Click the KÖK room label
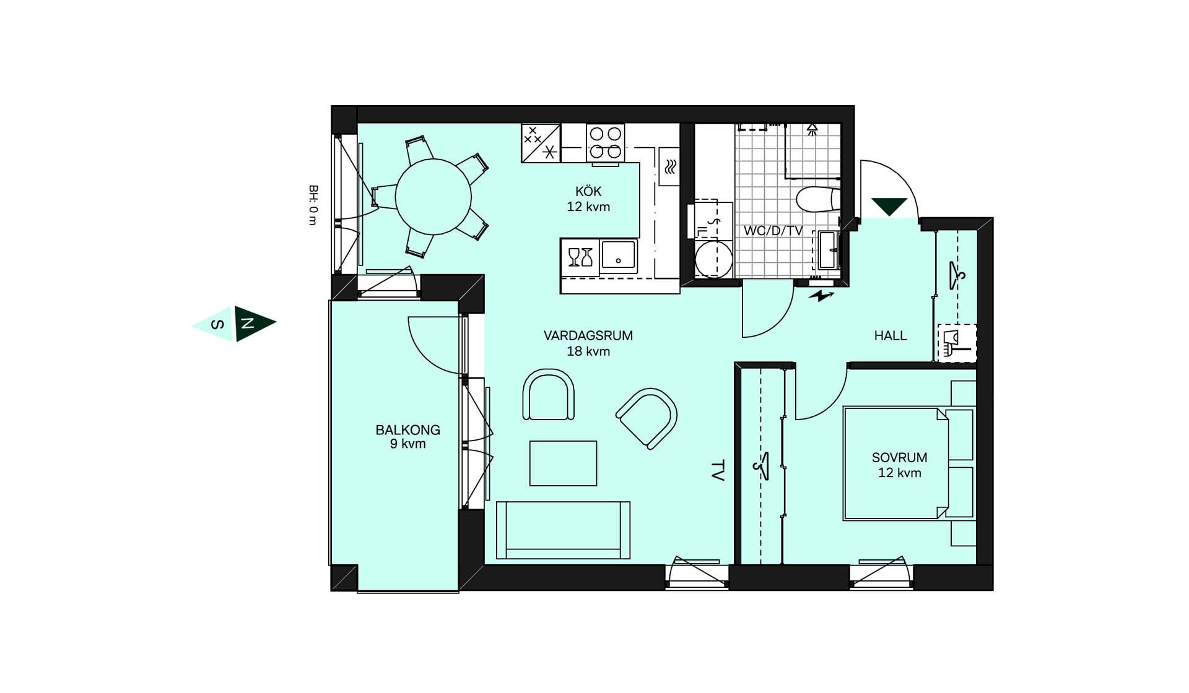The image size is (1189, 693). pos(588,192)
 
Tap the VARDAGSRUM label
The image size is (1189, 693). pos(588,335)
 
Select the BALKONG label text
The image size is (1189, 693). pos(408,429)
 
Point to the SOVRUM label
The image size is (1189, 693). pos(900,457)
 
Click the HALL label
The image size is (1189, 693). pos(891,335)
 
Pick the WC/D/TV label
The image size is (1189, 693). pos(773,231)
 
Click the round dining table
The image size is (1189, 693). pos(433,197)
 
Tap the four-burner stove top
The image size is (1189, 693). pos(606,143)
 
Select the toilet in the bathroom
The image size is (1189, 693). pos(818,200)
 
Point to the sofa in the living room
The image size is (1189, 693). pos(563,530)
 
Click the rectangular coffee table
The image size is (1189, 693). pos(563,463)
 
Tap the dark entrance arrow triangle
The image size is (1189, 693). pos(889,206)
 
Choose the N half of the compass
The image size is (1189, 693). pos(253,323)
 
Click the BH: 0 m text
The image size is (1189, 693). pos(313,205)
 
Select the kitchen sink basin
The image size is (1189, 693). pos(619,256)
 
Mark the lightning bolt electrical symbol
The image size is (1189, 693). pos(821,296)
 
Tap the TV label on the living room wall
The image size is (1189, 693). pos(718,470)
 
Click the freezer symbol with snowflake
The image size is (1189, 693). pos(541,143)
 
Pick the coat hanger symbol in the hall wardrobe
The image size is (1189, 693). pos(957,275)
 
